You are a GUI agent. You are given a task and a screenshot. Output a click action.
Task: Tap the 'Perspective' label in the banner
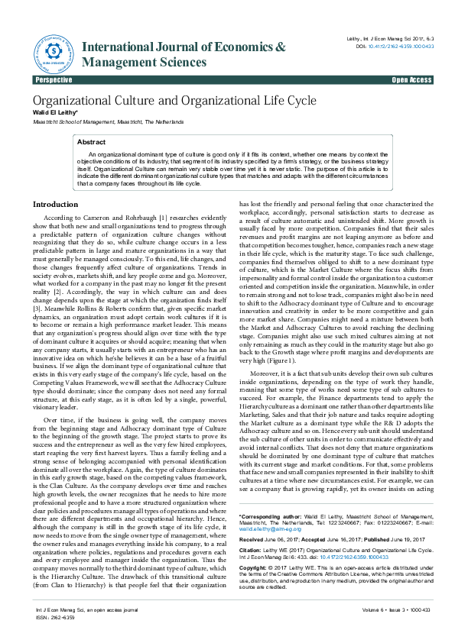[54, 80]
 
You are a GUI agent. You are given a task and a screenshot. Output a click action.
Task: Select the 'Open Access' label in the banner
[411, 80]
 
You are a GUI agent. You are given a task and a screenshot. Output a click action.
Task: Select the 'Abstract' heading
[92, 142]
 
